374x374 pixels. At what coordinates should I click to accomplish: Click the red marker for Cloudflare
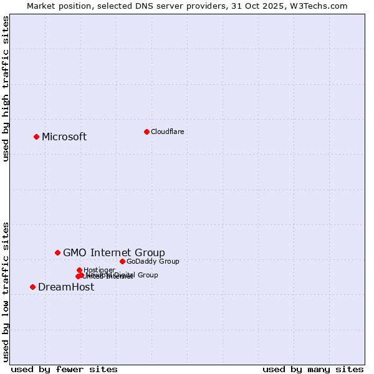tap(146, 132)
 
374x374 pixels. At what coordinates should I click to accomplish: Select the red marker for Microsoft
tap(37, 137)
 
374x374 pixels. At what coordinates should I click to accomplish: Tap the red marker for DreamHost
tap(32, 287)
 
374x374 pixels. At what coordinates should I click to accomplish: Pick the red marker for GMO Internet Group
tap(58, 252)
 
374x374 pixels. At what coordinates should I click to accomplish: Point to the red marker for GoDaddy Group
tap(122, 261)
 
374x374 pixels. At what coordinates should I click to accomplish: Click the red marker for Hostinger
tap(79, 270)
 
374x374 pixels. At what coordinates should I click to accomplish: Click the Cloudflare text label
tap(167, 132)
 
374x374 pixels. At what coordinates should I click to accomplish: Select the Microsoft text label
tap(64, 137)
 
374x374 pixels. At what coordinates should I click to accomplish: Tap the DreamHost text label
tap(66, 287)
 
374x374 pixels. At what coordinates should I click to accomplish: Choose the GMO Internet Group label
tap(114, 252)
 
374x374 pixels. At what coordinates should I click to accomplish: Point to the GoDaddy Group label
tap(153, 261)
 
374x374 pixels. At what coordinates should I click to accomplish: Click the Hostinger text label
tap(99, 270)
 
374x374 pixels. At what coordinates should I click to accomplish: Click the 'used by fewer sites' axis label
tap(64, 369)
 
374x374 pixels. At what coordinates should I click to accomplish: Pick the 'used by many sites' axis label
tap(313, 369)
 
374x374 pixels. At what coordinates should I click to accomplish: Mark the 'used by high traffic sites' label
tap(6, 89)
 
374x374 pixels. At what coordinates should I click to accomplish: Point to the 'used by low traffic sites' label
tap(6, 291)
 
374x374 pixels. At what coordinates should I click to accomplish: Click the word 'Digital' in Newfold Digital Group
tap(124, 275)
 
